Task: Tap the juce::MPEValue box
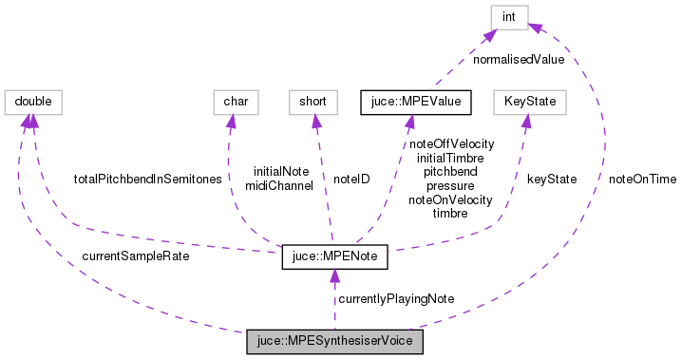point(408,100)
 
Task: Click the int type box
point(510,16)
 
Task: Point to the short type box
point(313,100)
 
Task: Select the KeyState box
point(529,100)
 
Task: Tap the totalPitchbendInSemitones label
point(147,179)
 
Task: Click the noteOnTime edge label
point(643,179)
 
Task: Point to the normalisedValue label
point(519,59)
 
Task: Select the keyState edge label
point(552,179)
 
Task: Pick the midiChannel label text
point(278,186)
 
